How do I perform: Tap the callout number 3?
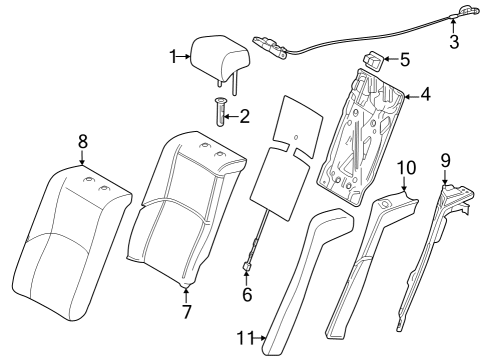click(x=454, y=41)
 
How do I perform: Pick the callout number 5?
click(x=404, y=59)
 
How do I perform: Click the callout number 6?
click(x=246, y=295)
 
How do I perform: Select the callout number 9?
click(x=445, y=159)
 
